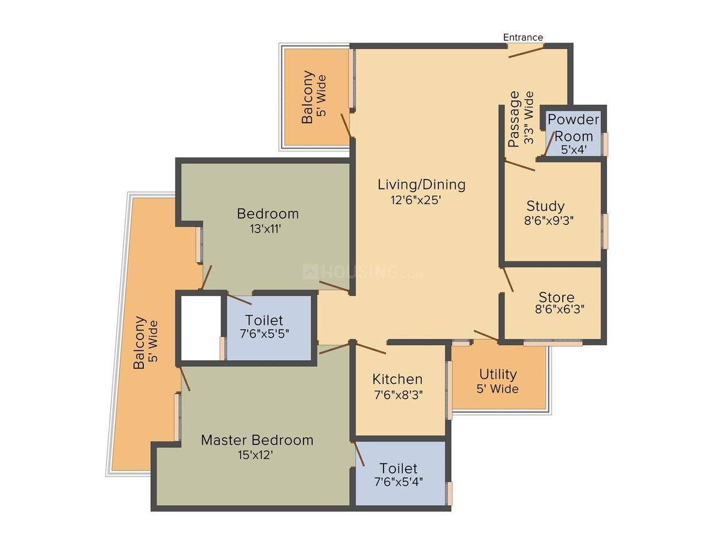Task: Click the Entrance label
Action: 523,38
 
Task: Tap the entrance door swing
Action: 526,52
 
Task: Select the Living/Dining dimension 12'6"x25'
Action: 416,200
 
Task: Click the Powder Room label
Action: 573,128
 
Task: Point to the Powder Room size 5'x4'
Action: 574,150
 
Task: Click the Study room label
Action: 545,206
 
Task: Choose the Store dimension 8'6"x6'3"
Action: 560,310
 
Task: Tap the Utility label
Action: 498,374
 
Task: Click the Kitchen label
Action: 397,380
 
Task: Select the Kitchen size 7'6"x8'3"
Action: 398,395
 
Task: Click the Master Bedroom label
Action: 257,440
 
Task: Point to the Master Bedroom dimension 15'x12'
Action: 255,455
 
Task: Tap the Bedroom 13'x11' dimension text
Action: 265,229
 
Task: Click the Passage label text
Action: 514,119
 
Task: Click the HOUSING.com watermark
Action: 363,272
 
